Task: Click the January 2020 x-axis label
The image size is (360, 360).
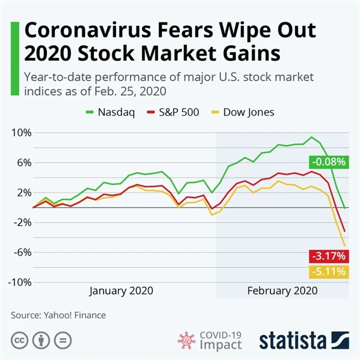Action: [x=121, y=291]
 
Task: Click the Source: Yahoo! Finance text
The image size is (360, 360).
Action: [x=58, y=316]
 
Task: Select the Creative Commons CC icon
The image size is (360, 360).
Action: [x=22, y=340]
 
